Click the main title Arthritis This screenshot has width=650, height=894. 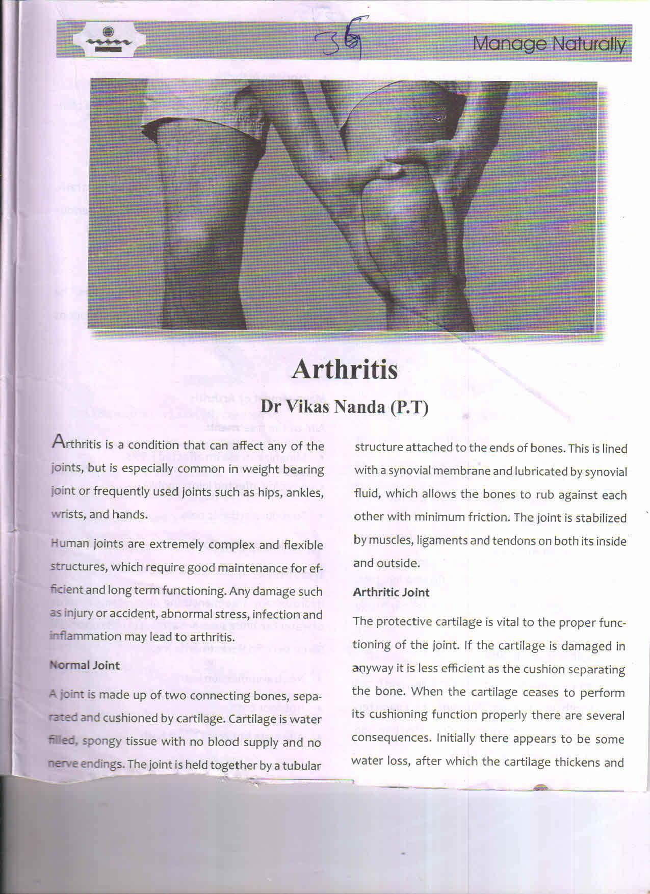tap(345, 370)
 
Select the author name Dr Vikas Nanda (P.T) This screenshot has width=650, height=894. tap(345, 407)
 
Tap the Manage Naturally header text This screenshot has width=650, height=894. tap(549, 45)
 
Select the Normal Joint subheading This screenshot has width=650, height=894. tap(85, 665)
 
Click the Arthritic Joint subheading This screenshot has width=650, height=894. tap(391, 592)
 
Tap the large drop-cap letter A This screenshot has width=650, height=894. tap(58, 442)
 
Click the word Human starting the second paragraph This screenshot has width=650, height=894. tap(70, 544)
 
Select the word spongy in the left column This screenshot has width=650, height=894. tap(101, 742)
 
